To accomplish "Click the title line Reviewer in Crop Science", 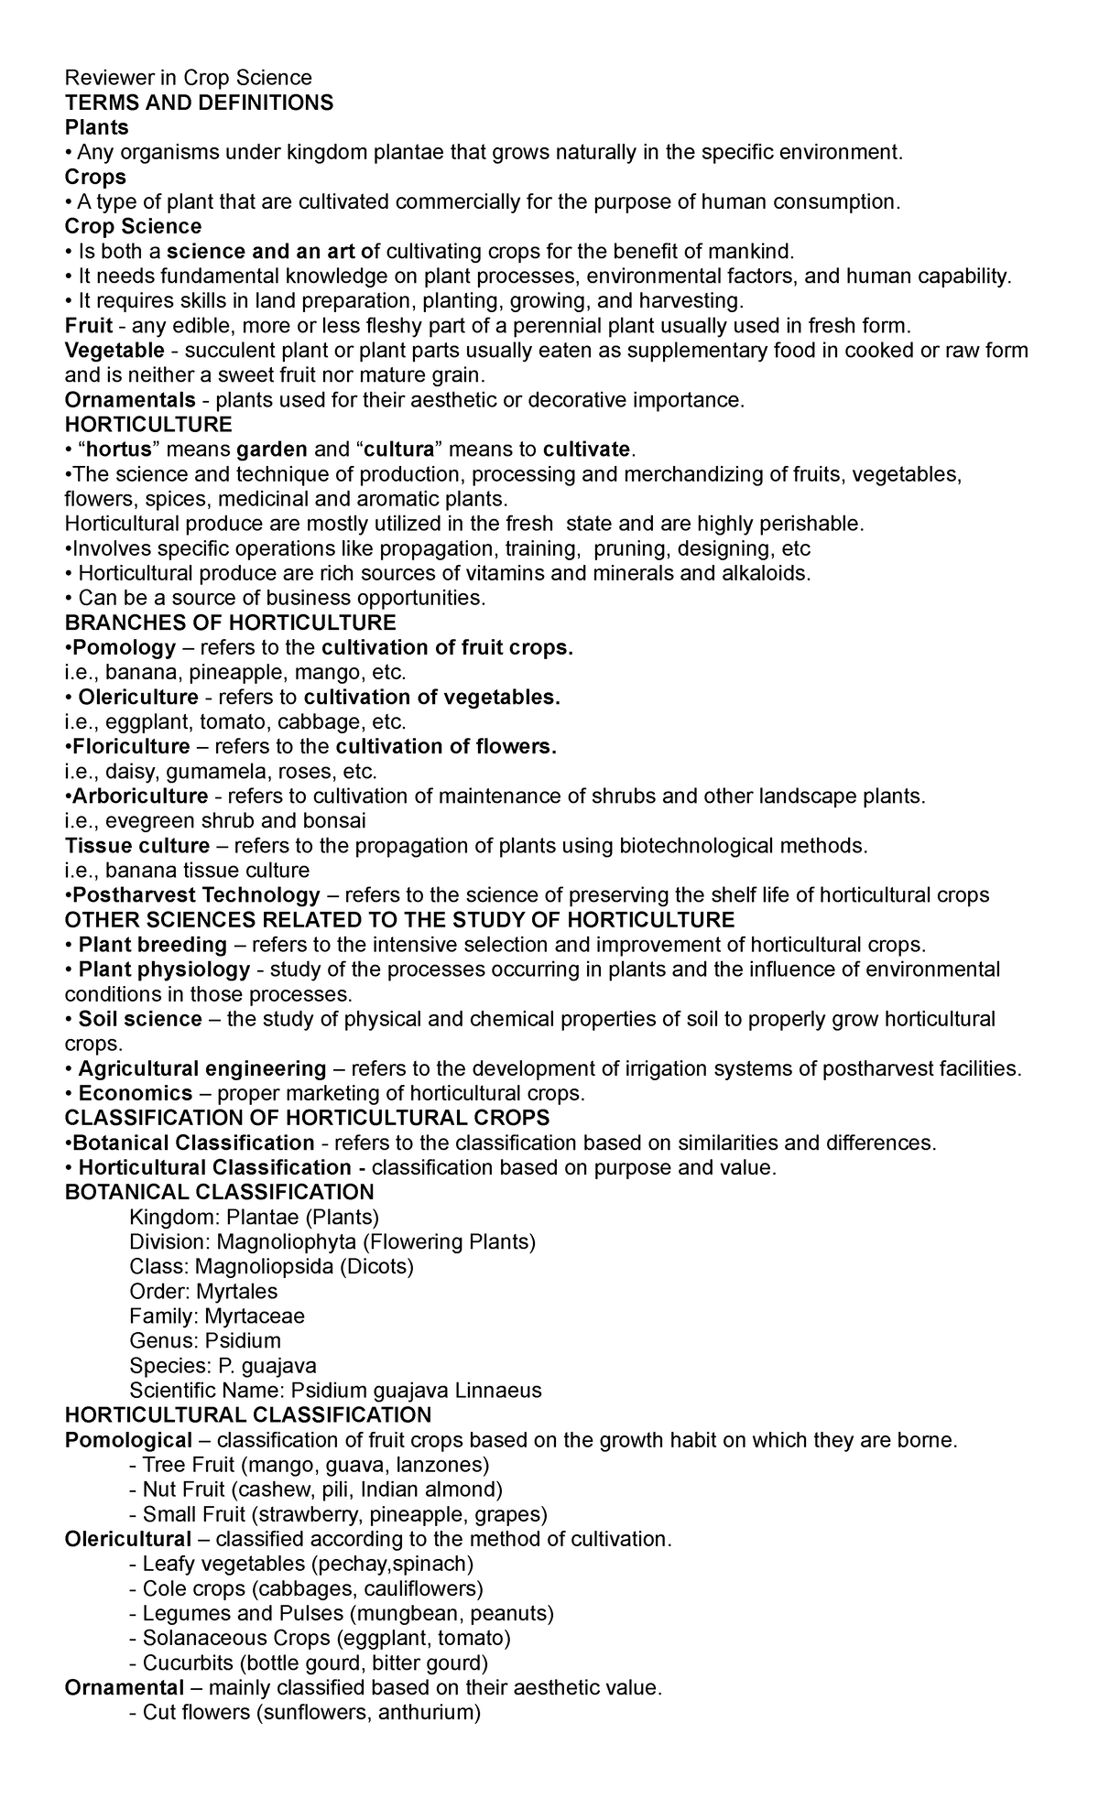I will point(189,78).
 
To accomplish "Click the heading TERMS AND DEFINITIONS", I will point(200,103).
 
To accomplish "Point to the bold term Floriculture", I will point(130,746).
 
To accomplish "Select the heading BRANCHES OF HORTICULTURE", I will point(231,623).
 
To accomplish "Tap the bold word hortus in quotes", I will point(111,450).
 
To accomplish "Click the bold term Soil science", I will point(140,1019).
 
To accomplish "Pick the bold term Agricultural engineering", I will point(202,1068).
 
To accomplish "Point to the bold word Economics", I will point(136,1093).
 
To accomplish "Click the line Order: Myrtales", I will point(203,1291).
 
